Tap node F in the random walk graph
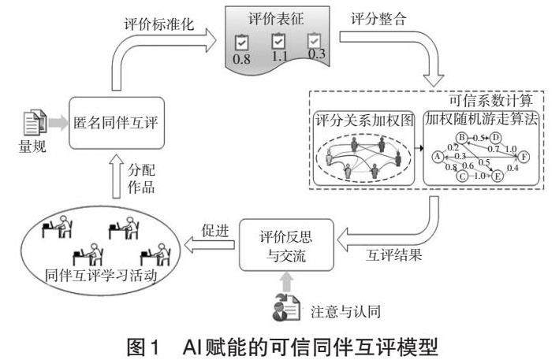tap(524, 157)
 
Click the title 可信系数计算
tap(485, 102)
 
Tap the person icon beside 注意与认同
tap(282, 309)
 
